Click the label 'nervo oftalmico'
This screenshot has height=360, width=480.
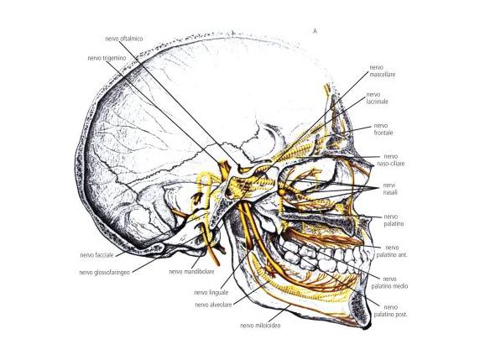click(x=124, y=39)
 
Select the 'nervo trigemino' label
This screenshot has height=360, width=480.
click(x=107, y=58)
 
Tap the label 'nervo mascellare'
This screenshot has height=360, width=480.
click(x=382, y=70)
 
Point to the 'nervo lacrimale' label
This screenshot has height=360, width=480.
click(x=377, y=98)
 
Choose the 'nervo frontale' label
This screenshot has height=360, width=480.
click(x=383, y=129)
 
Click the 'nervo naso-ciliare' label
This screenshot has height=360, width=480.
click(x=390, y=159)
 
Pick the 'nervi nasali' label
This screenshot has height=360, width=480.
click(x=390, y=189)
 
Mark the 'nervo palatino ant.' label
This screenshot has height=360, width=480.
click(x=392, y=251)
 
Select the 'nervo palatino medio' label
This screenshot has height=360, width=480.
click(x=389, y=282)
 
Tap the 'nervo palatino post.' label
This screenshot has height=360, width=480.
click(x=390, y=310)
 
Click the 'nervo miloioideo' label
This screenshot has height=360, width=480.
click(x=260, y=325)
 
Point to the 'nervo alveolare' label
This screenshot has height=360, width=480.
click(x=213, y=305)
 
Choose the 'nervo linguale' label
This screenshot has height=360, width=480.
click(x=211, y=292)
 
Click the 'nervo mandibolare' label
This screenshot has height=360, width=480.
click(x=191, y=272)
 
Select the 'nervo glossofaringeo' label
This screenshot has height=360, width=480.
click(x=105, y=272)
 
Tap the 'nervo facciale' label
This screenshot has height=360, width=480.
click(x=97, y=255)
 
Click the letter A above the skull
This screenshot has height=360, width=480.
click(x=315, y=31)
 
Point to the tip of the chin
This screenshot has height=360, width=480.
click(x=366, y=327)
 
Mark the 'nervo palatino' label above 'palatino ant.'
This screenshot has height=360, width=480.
click(x=394, y=221)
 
